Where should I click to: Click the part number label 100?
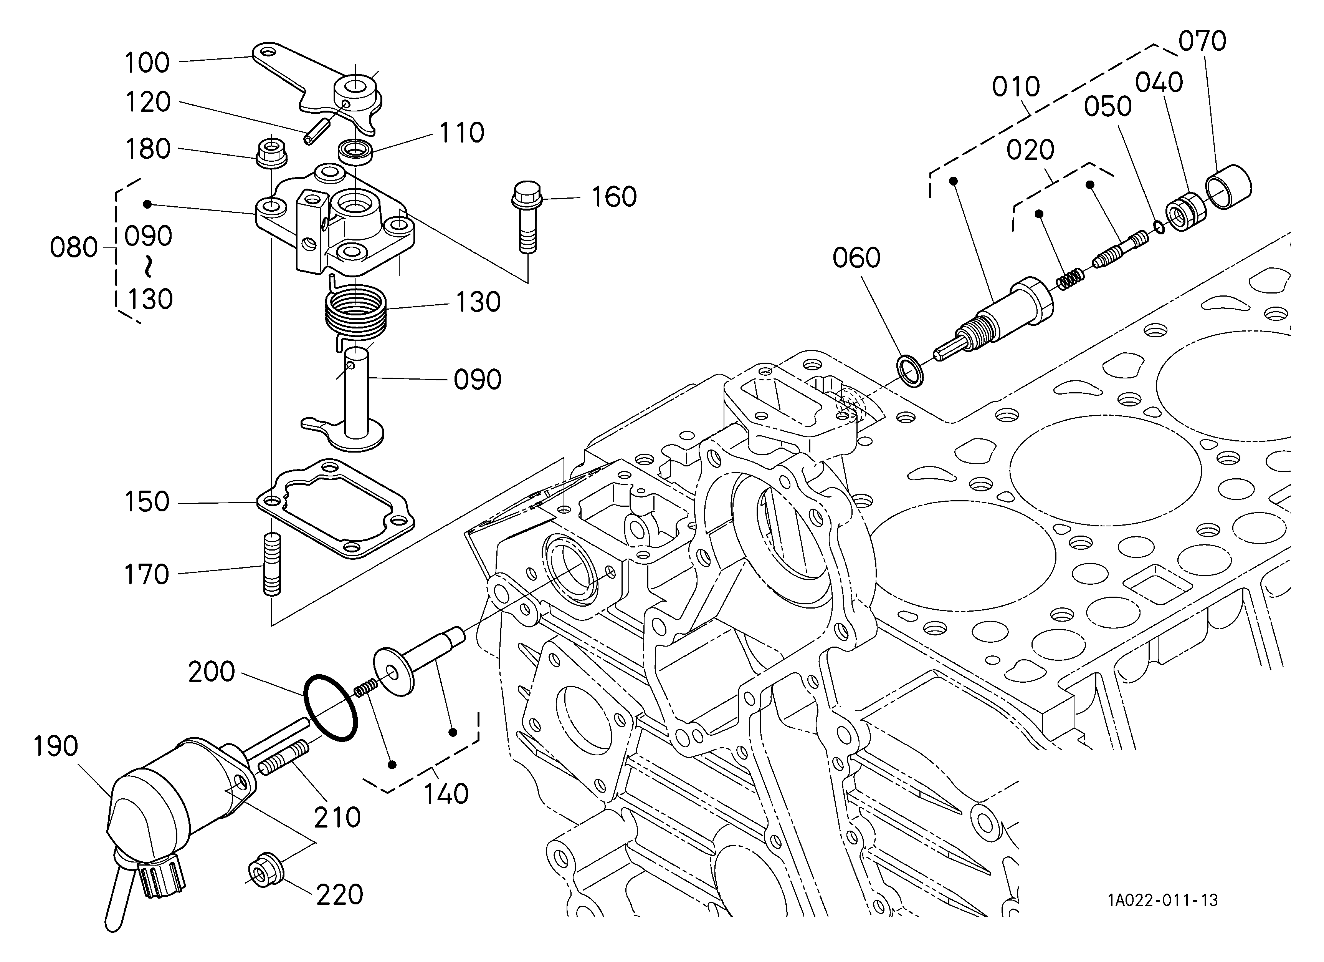coord(147,63)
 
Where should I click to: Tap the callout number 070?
coord(1202,41)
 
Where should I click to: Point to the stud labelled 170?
coord(272,564)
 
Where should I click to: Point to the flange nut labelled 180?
coord(271,153)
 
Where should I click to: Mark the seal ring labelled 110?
coord(355,152)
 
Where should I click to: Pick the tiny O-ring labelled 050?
coord(1159,227)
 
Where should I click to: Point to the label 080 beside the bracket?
coord(74,248)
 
